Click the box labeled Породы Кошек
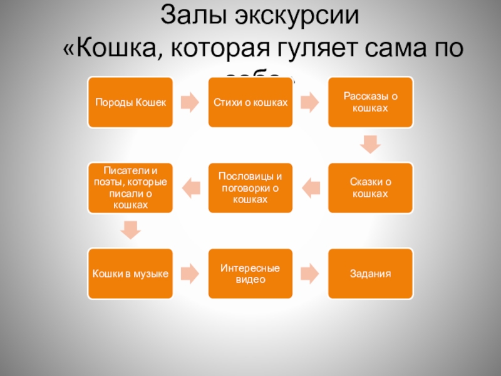[130, 102]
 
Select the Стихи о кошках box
[250, 102]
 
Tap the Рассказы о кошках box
[371, 102]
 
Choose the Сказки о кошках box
[371, 187]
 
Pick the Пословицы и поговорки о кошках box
[250, 187]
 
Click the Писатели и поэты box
[130, 187]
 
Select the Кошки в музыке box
[130, 273]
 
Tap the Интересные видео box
[250, 273]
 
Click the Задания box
[371, 273]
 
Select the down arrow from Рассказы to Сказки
[371, 145]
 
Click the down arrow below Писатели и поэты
[130, 230]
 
